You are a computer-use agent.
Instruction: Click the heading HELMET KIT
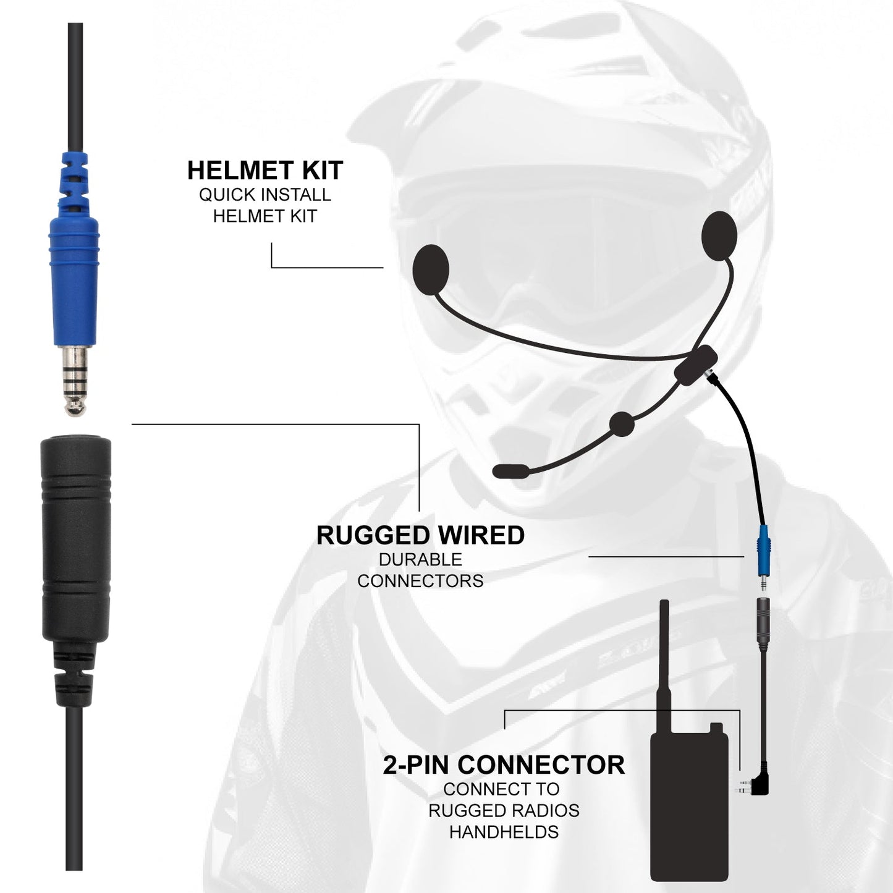click(x=265, y=171)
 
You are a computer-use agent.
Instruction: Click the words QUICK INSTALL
click(x=265, y=195)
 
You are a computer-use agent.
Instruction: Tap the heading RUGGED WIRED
click(x=420, y=535)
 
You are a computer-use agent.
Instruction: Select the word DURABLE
click(x=420, y=560)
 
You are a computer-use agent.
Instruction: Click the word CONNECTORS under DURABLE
click(x=420, y=581)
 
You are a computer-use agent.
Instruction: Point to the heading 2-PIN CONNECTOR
click(x=504, y=765)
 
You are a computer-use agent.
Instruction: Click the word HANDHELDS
click(x=504, y=832)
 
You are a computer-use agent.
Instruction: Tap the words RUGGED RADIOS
click(x=504, y=810)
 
